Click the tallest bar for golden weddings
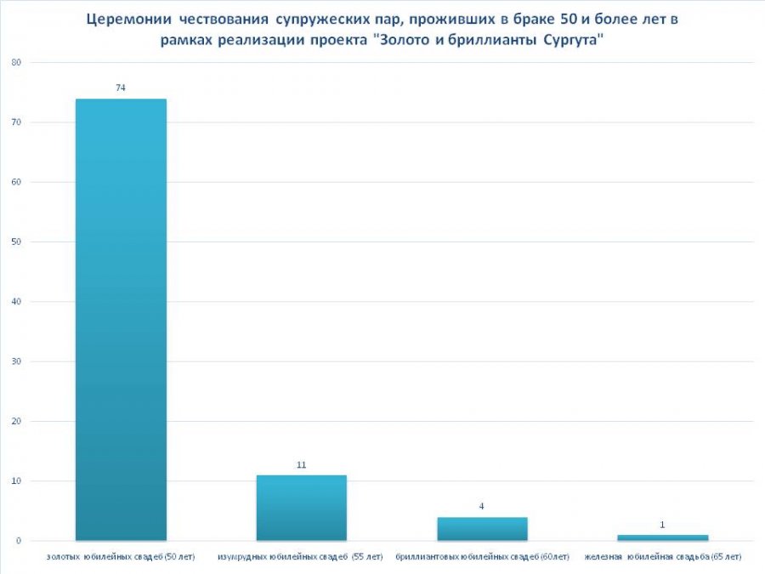pyautogui.click(x=121, y=319)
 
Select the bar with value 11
pyautogui.click(x=302, y=508)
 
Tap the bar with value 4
pyautogui.click(x=482, y=529)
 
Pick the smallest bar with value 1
pyautogui.click(x=663, y=537)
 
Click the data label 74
pyautogui.click(x=121, y=88)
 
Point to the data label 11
pyautogui.click(x=302, y=464)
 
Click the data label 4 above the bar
pyautogui.click(x=482, y=506)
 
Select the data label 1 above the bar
pyautogui.click(x=663, y=525)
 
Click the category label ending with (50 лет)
pyautogui.click(x=121, y=558)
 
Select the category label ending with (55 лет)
pyautogui.click(x=302, y=558)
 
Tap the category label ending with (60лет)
pyautogui.click(x=482, y=558)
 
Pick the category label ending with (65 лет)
pyautogui.click(x=663, y=558)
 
